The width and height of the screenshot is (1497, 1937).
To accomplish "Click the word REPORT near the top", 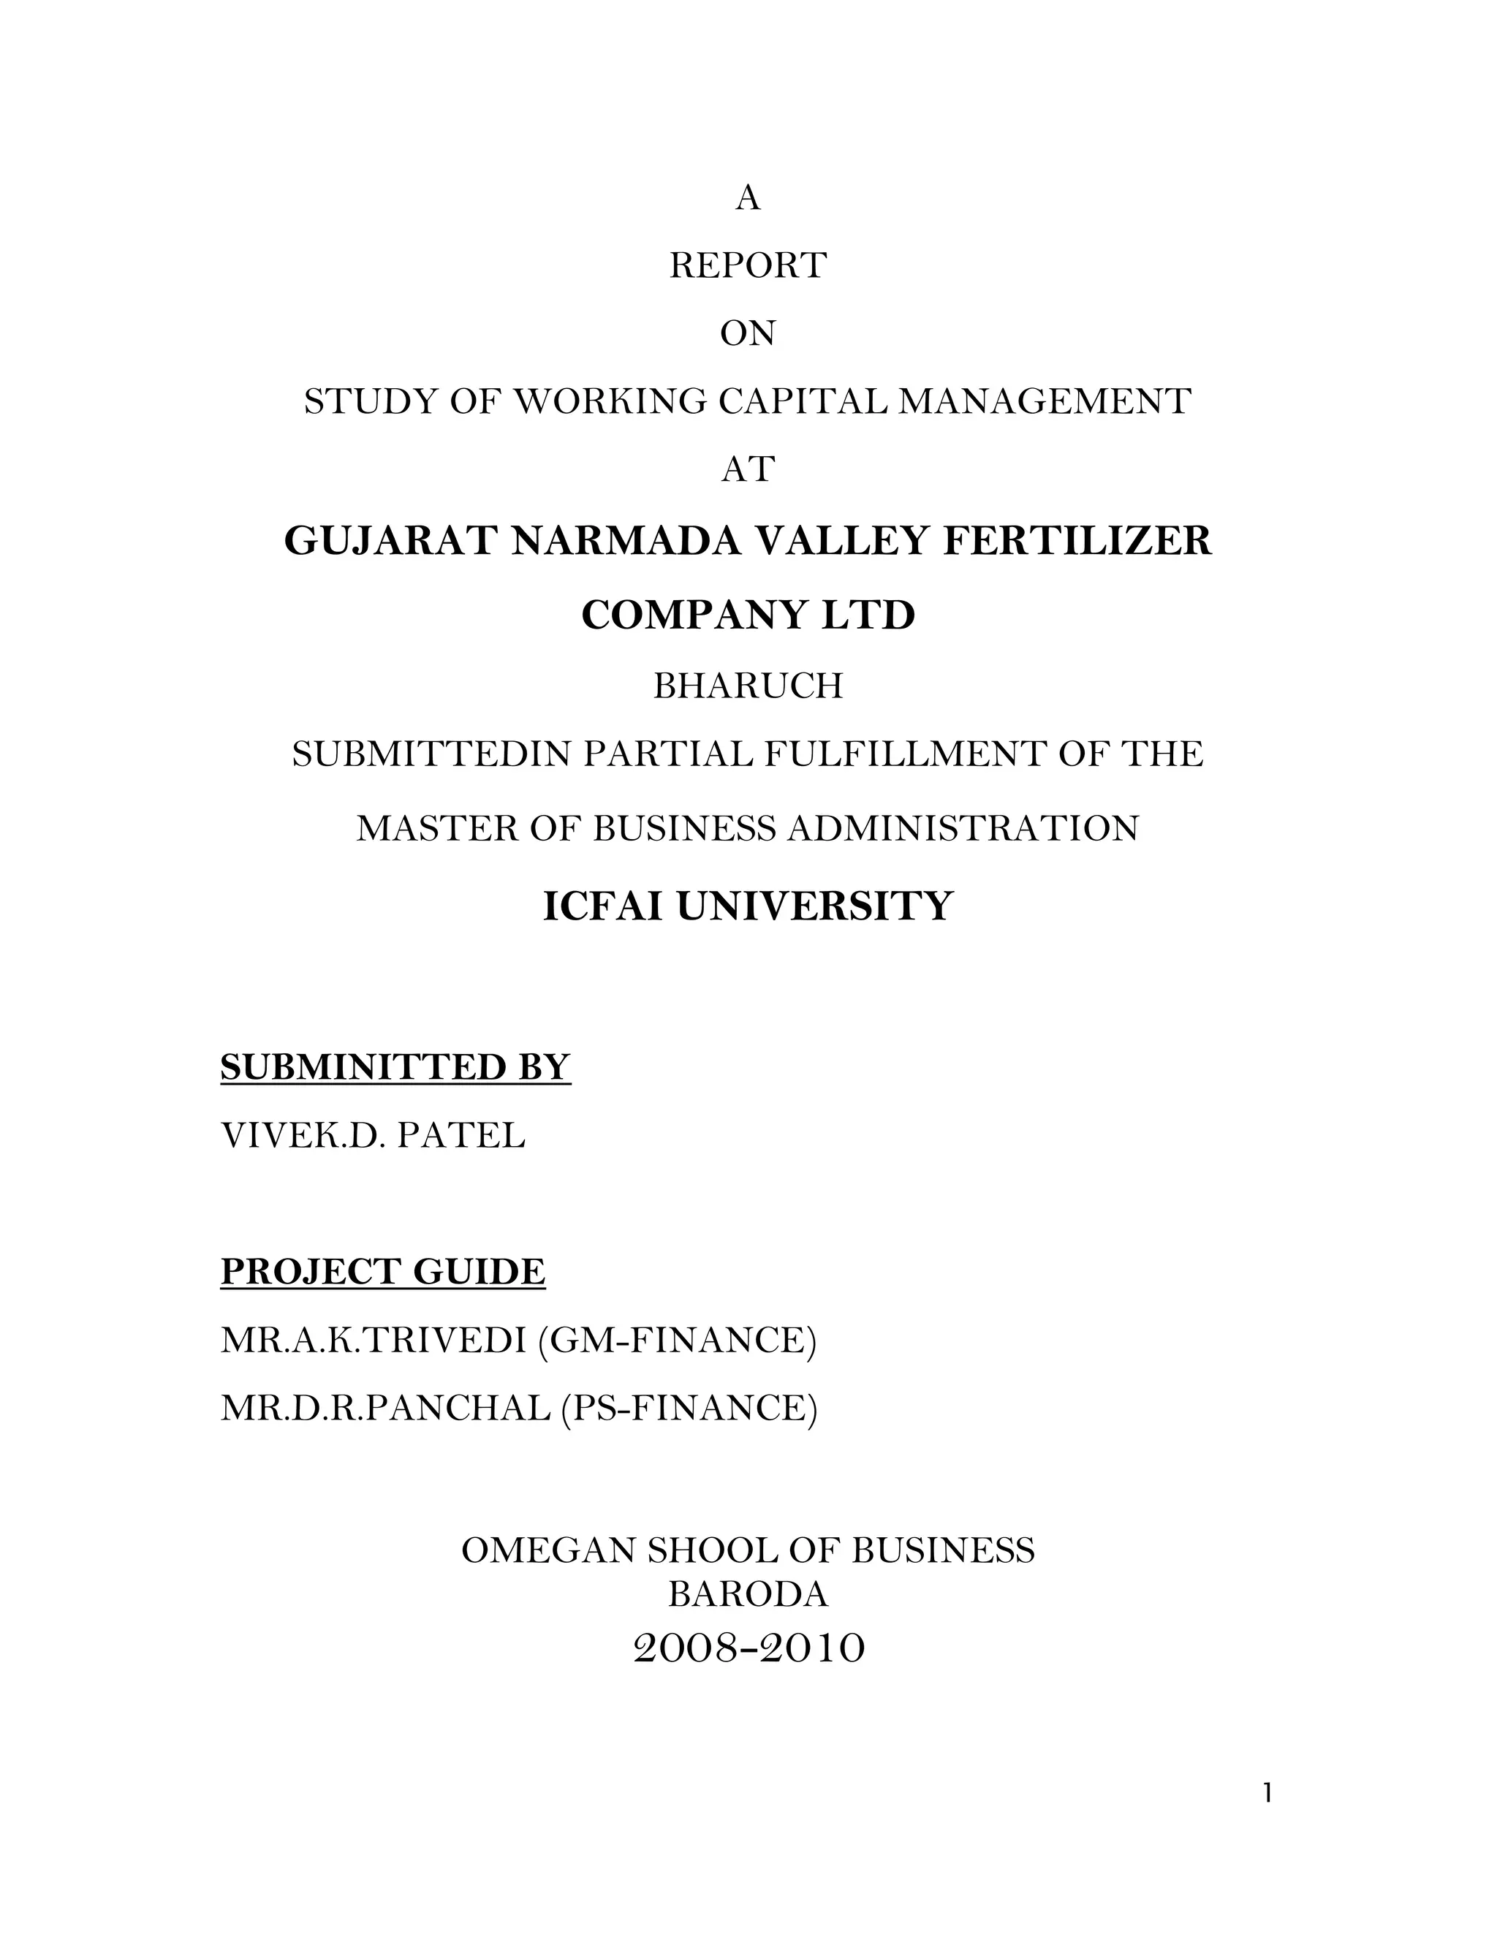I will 748,265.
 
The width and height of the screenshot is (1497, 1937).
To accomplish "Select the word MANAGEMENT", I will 1044,402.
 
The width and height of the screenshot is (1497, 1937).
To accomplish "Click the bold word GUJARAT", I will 390,541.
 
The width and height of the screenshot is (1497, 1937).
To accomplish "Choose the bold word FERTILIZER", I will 1076,541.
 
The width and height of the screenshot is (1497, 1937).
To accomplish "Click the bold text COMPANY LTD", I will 748,615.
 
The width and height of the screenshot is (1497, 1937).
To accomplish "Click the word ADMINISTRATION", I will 962,828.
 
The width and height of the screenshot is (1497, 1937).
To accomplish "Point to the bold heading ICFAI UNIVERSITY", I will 748,906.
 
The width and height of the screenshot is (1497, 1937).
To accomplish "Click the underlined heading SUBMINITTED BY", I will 395,1067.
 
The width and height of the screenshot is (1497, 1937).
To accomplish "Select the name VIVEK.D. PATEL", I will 373,1135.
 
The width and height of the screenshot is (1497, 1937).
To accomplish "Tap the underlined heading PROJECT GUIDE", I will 383,1272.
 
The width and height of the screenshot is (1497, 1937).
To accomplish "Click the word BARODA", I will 748,1595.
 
